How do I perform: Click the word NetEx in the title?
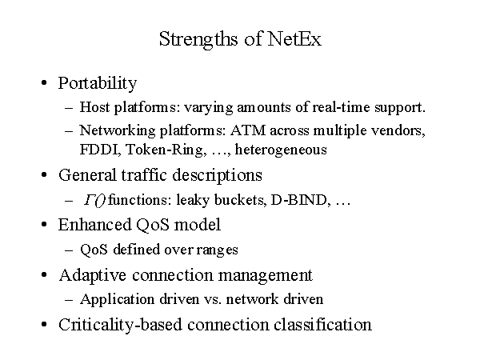pos(294,39)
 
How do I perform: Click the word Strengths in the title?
pos(198,40)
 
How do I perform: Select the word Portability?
pos(98,83)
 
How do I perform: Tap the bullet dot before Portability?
pos(44,82)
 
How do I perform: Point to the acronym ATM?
pos(248,130)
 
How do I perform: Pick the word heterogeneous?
pos(281,150)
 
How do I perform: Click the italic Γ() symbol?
pos(95,201)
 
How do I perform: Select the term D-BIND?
pos(300,200)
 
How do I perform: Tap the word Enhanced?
pos(95,224)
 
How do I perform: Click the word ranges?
pos(217,250)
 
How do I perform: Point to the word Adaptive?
pos(93,275)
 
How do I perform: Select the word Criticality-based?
pos(120,325)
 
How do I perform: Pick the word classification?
pos(322,325)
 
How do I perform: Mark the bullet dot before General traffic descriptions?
pos(44,174)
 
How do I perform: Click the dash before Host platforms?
pos(69,108)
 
